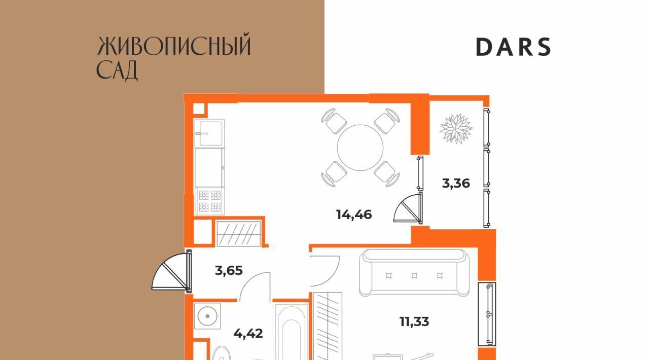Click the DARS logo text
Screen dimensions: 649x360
pyautogui.click(x=513, y=47)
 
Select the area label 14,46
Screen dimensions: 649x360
pyautogui.click(x=354, y=215)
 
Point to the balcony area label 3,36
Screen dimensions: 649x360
pyautogui.click(x=456, y=184)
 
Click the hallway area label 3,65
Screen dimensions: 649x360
pyautogui.click(x=229, y=270)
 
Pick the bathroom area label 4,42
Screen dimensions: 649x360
pyautogui.click(x=248, y=333)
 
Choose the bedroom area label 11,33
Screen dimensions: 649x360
pyautogui.click(x=414, y=322)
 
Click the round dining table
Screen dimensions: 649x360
pyautogui.click(x=360, y=148)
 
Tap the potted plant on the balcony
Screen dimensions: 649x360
pyautogui.click(x=456, y=129)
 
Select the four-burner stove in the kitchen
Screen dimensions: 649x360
pyautogui.click(x=209, y=201)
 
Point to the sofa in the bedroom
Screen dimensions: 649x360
pyautogui.click(x=414, y=273)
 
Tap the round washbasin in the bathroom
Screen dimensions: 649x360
pyautogui.click(x=207, y=316)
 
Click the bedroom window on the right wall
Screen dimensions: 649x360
pyautogui.click(x=487, y=314)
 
